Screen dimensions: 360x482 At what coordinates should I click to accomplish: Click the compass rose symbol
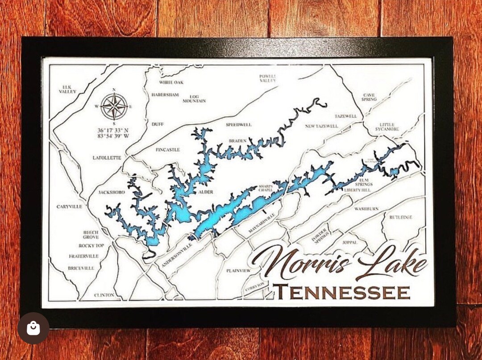(114, 106)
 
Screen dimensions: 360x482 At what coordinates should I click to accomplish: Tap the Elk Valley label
(67, 89)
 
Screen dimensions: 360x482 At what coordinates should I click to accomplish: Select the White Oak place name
(171, 83)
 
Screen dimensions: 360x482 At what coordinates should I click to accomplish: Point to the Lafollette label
(107, 158)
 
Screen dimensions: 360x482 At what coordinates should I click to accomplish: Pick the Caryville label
(69, 207)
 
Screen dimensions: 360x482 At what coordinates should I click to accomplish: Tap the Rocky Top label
(91, 246)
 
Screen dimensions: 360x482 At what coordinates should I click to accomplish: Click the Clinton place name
(104, 295)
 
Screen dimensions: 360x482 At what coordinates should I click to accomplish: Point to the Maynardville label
(262, 223)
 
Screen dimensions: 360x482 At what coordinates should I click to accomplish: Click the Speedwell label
(239, 124)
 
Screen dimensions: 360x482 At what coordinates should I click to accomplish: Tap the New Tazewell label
(321, 126)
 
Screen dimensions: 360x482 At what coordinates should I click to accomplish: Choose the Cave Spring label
(369, 97)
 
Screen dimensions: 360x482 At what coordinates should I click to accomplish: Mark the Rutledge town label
(400, 217)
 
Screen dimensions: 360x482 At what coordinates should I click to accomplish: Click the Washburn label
(366, 208)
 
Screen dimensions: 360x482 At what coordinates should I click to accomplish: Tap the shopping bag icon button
(33, 328)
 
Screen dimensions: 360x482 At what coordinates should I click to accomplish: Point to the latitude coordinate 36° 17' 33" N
(113, 130)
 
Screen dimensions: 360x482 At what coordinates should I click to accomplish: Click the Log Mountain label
(194, 99)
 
